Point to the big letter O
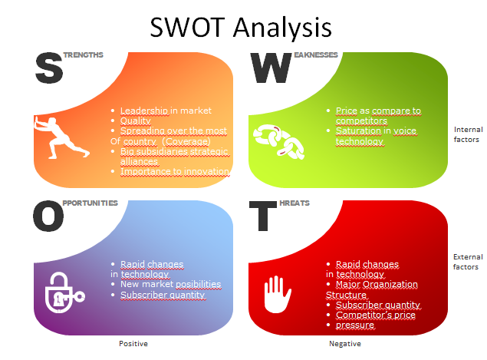(48, 216)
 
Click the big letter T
(265, 216)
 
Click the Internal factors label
(466, 134)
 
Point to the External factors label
(466, 262)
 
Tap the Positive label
(133, 344)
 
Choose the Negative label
(345, 344)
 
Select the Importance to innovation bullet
(175, 172)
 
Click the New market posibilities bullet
(170, 284)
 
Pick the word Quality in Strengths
(136, 121)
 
